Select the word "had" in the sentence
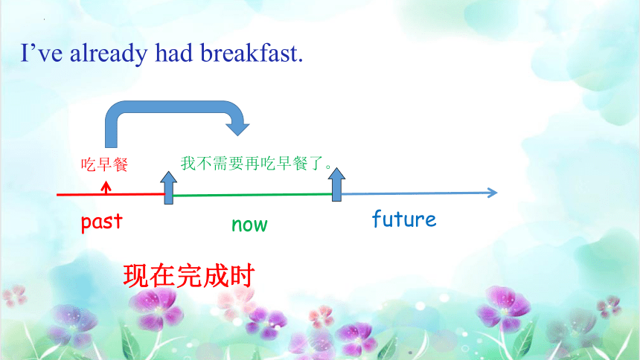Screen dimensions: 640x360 point(173,53)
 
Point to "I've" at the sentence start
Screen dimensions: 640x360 point(42,53)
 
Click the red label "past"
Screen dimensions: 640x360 point(102,222)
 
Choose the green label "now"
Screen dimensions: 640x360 point(249,225)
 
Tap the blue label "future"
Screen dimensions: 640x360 point(404,219)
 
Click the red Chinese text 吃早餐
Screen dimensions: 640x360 point(104,164)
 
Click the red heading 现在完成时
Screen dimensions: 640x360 point(189,275)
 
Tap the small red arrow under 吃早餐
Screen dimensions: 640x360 point(106,187)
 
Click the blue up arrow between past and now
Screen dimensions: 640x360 point(169,187)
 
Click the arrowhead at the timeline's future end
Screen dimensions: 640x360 point(493,193)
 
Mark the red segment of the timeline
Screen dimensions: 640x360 point(110,195)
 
